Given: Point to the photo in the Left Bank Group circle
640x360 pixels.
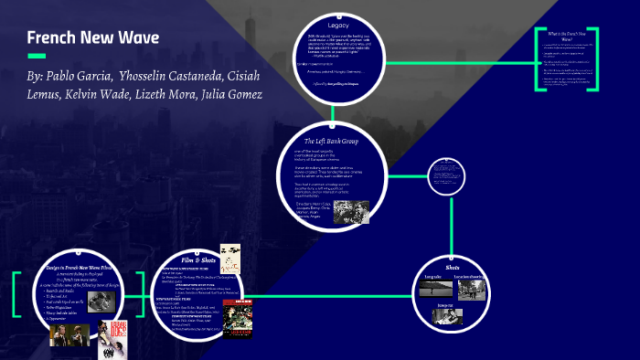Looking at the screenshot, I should [351, 212].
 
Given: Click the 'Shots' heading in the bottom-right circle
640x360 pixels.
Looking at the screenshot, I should [452, 258].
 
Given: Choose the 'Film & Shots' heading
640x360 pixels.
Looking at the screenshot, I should [198, 262].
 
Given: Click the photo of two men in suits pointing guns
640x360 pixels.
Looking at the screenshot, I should [69, 334].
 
